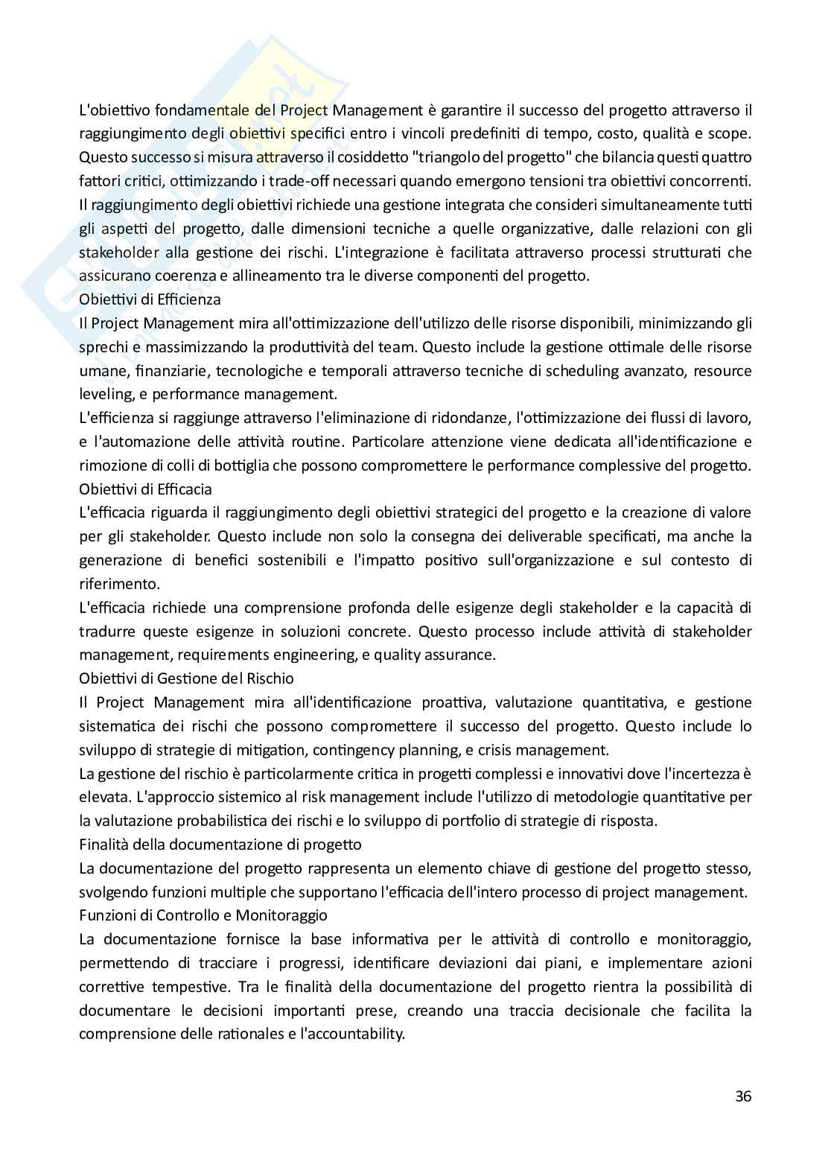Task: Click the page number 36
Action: point(742,1096)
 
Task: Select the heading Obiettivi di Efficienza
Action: point(150,299)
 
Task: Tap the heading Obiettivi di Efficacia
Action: point(145,489)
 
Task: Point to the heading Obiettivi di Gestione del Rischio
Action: point(186,678)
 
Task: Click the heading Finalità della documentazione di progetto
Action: point(220,845)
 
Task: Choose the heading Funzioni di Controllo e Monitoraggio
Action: point(203,915)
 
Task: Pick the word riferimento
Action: point(109,584)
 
